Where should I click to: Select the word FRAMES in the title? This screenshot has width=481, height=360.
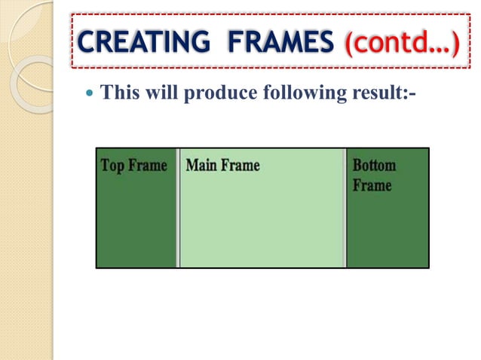tap(274, 41)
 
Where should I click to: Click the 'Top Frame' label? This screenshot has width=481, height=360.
tap(133, 166)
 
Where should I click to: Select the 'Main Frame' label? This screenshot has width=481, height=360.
tap(222, 165)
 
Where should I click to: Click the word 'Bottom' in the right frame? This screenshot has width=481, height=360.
tap(374, 166)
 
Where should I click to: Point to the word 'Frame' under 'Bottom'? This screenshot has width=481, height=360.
tap(372, 185)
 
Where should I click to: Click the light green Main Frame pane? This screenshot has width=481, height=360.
tap(262, 222)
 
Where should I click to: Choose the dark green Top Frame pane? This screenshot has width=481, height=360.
tap(136, 222)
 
